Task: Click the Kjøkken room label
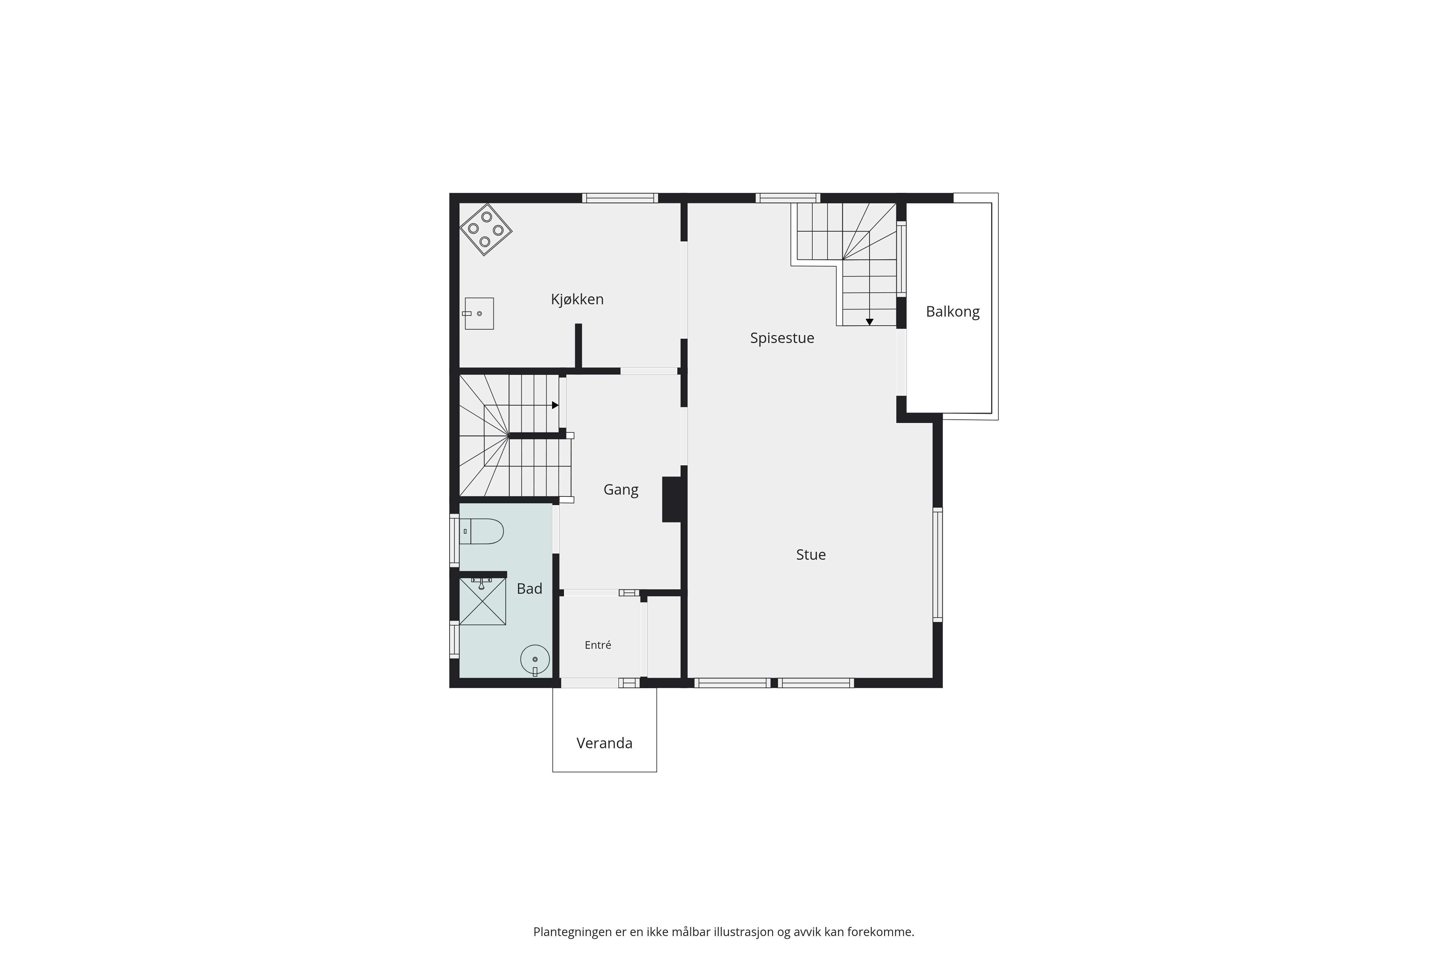pyautogui.click(x=577, y=300)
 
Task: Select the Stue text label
pyautogui.click(x=811, y=555)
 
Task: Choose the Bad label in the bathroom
pyautogui.click(x=530, y=589)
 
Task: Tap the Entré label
pyautogui.click(x=598, y=645)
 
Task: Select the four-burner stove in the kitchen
pyautogui.click(x=486, y=229)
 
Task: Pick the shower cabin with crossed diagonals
pyautogui.click(x=483, y=601)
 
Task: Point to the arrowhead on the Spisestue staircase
pyautogui.click(x=869, y=322)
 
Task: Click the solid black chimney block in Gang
pyautogui.click(x=671, y=500)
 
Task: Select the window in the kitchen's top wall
pyautogui.click(x=620, y=198)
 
